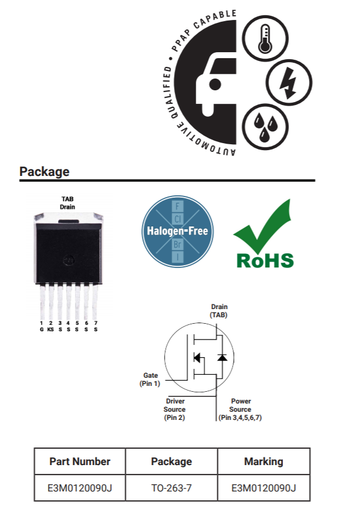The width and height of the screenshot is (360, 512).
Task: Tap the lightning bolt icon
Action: (x=287, y=82)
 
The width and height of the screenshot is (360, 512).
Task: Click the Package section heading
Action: (x=45, y=172)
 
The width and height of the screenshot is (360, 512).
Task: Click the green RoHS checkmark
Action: (x=264, y=229)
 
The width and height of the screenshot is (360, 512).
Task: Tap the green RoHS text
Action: (x=264, y=260)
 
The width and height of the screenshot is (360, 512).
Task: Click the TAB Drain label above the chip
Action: (x=67, y=203)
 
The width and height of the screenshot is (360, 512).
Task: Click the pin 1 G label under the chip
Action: (x=42, y=327)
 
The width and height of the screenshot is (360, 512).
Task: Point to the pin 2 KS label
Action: (x=51, y=327)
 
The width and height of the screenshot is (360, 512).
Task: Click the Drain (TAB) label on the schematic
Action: (x=219, y=310)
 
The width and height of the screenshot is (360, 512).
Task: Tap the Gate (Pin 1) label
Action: (x=150, y=379)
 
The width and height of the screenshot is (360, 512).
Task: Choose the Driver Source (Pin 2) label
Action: (x=175, y=409)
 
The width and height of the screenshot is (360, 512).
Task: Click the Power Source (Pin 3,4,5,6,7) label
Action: (x=240, y=409)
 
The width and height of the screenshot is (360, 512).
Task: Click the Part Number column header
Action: (x=80, y=462)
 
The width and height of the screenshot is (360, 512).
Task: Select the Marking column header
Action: (x=263, y=462)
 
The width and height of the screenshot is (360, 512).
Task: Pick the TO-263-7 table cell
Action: (x=172, y=488)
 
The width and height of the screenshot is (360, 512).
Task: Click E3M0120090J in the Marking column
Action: (x=263, y=488)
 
